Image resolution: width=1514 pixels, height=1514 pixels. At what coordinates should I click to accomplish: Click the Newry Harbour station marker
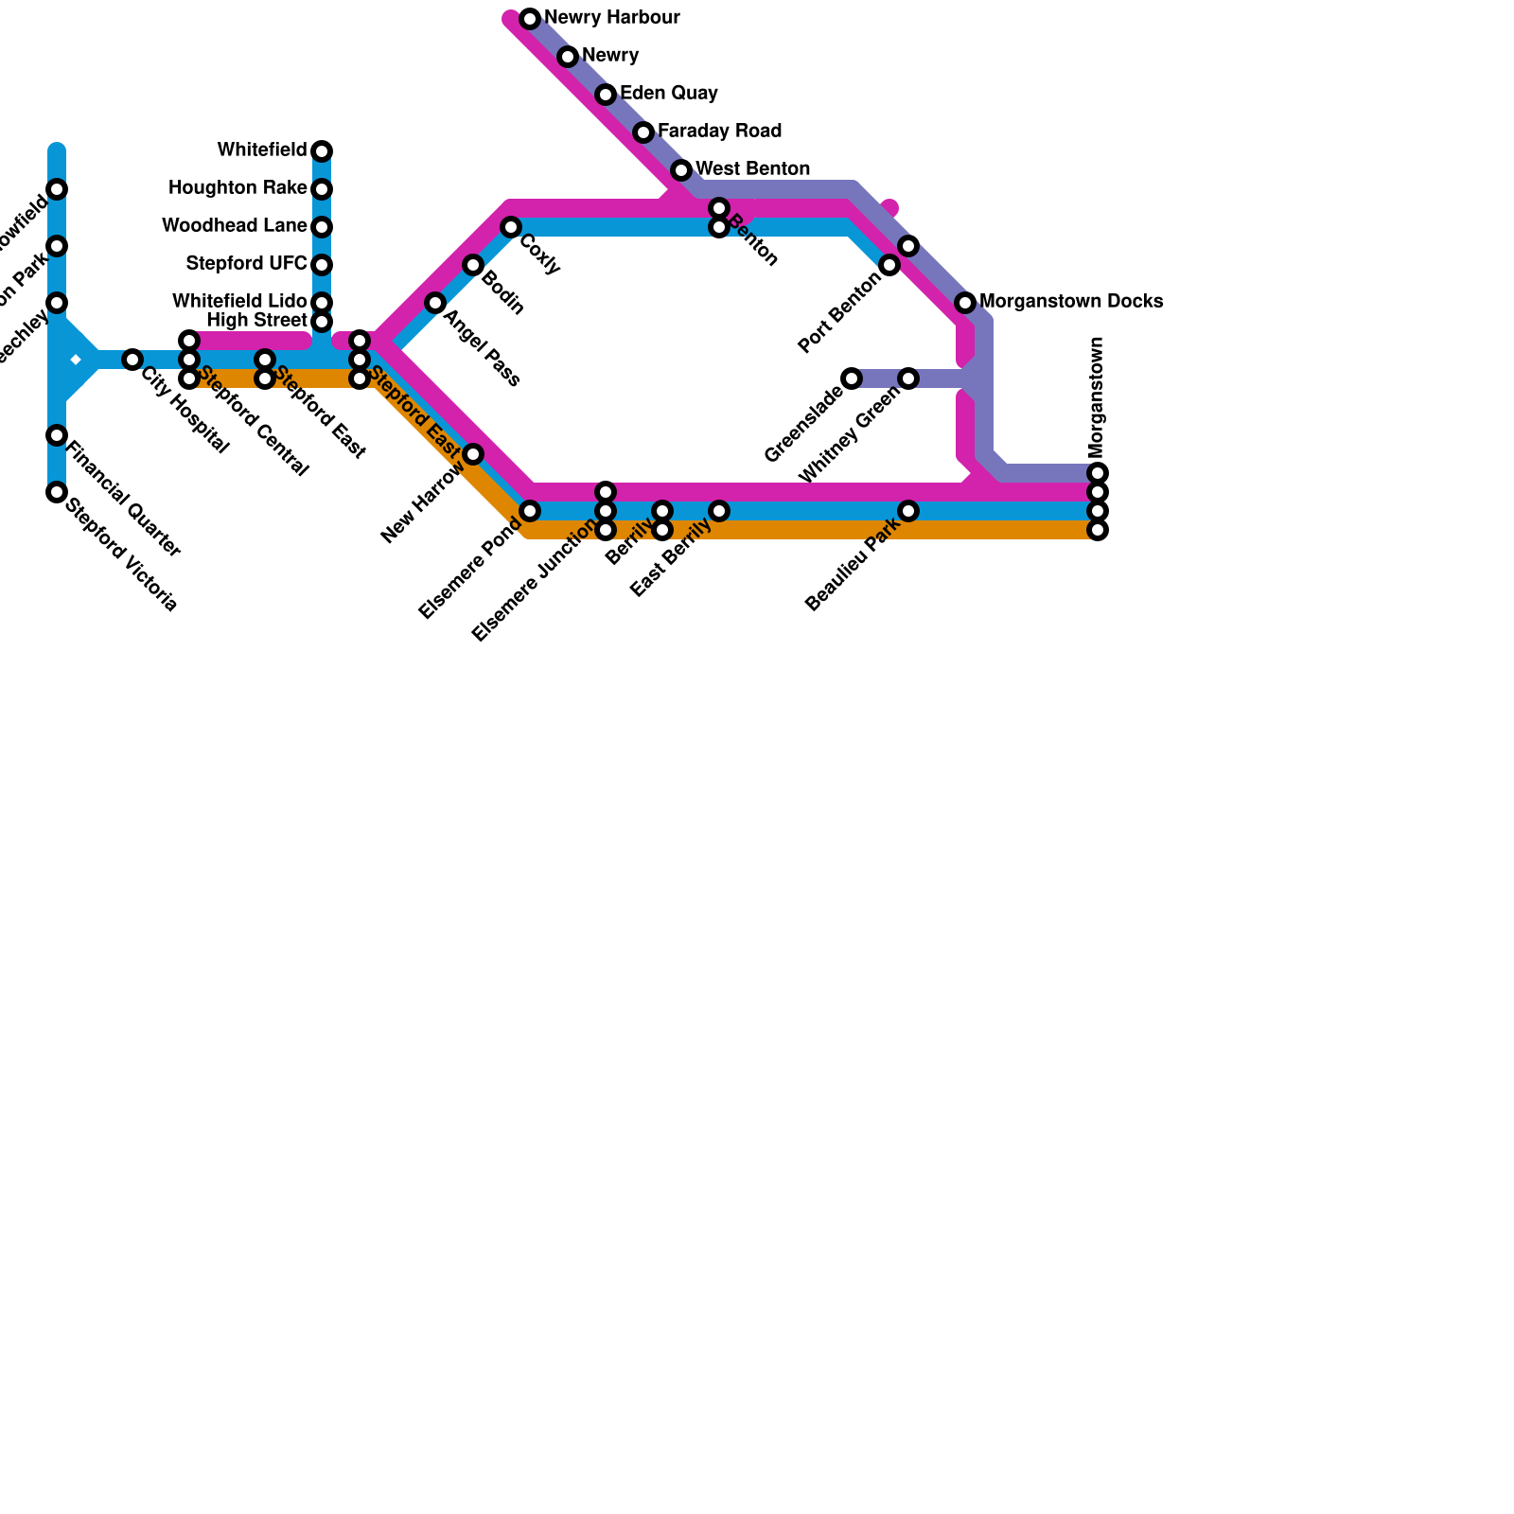[530, 19]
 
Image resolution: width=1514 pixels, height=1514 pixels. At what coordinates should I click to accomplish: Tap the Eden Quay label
[668, 94]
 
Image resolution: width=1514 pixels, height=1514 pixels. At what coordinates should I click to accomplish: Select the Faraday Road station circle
[643, 132]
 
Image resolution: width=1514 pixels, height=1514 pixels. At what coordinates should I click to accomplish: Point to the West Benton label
[752, 169]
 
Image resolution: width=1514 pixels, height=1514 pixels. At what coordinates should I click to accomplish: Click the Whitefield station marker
[322, 151]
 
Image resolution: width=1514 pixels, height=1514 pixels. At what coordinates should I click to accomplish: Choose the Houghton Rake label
[238, 188]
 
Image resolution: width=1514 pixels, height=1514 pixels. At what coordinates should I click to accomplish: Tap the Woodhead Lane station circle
[322, 227]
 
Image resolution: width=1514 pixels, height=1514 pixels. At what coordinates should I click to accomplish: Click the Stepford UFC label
[246, 263]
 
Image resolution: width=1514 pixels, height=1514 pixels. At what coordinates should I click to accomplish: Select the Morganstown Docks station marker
[965, 303]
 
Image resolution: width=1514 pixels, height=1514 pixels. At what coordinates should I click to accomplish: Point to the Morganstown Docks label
[1070, 302]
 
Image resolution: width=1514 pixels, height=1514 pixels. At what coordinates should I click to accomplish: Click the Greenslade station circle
[852, 378]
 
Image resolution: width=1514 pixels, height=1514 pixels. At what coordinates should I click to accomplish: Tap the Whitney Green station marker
[908, 378]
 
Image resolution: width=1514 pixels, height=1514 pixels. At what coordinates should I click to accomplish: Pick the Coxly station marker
[511, 227]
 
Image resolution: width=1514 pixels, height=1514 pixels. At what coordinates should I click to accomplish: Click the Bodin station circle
[473, 265]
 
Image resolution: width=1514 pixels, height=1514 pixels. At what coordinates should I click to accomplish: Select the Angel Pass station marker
[435, 303]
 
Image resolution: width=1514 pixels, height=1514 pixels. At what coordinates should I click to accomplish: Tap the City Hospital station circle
[132, 360]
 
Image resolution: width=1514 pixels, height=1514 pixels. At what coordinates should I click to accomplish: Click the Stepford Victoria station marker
[57, 492]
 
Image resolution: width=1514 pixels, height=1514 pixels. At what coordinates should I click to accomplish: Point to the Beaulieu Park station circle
[908, 511]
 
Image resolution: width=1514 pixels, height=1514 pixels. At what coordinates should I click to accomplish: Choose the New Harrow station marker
[473, 454]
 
